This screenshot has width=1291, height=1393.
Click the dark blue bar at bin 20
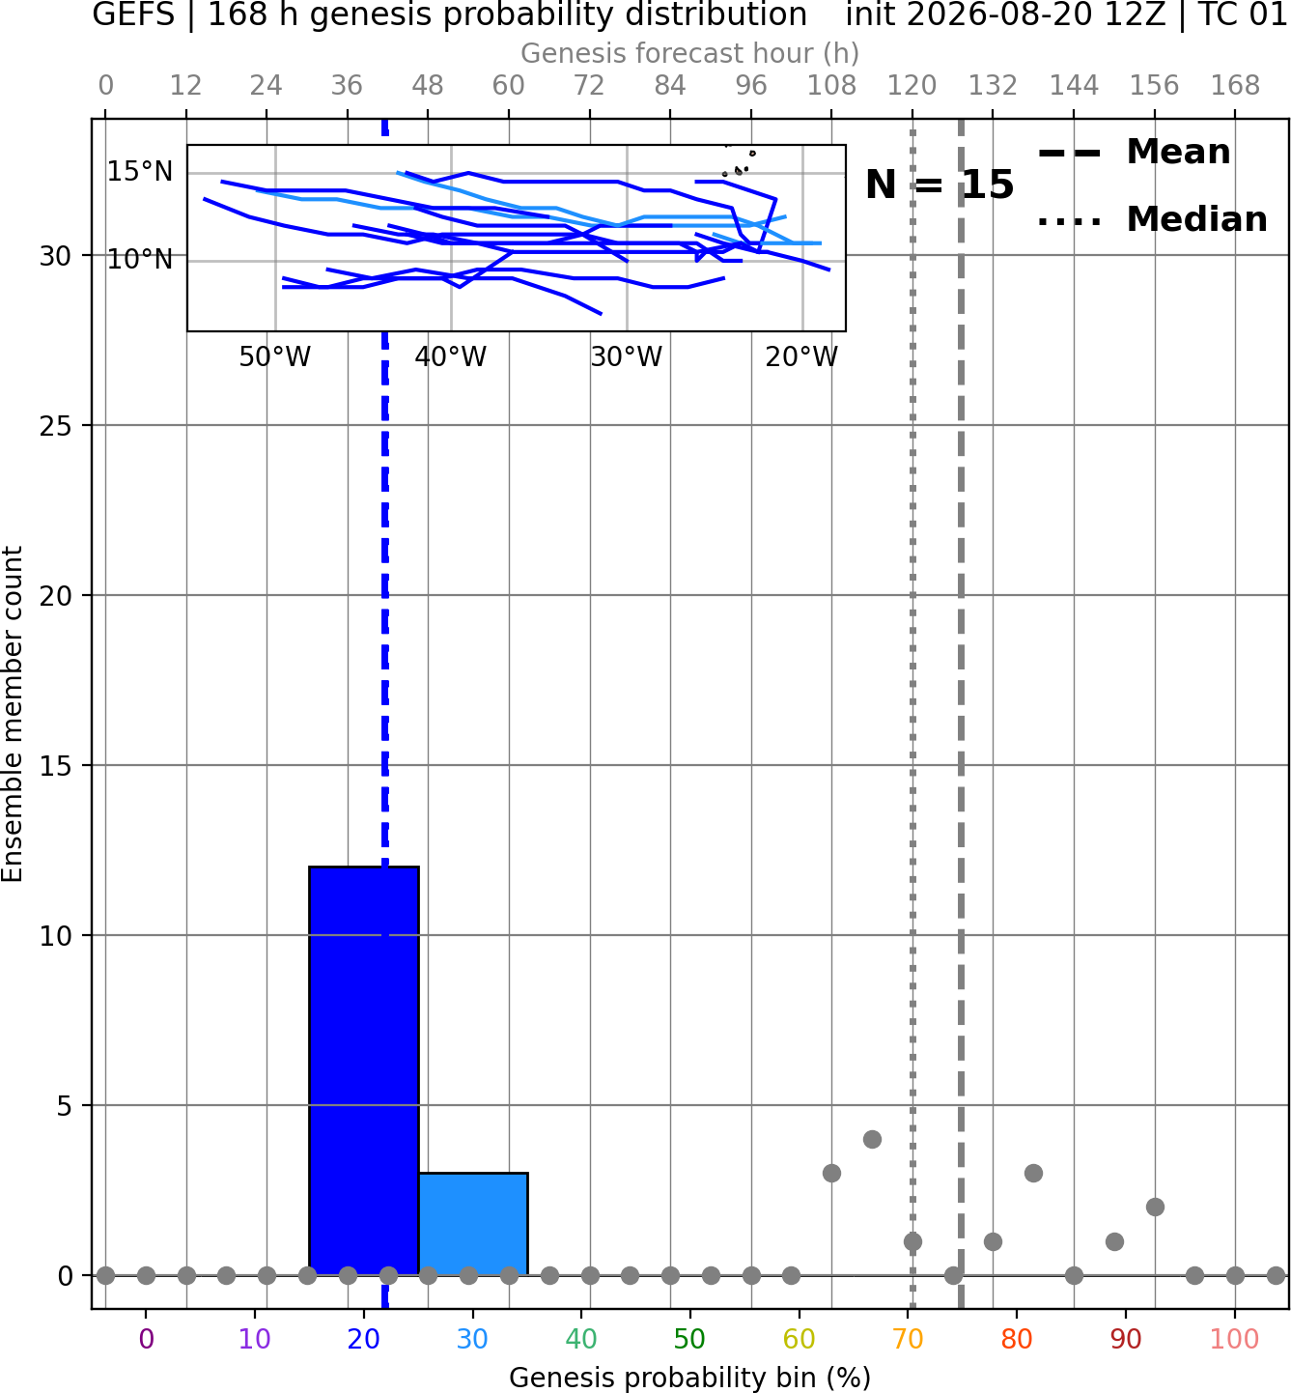click(x=364, y=1070)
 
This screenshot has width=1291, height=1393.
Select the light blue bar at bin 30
click(x=472, y=1223)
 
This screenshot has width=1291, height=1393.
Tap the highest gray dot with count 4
click(x=872, y=1140)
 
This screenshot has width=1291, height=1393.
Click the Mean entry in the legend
click(x=1134, y=153)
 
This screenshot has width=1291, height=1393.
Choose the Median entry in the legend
click(x=1152, y=219)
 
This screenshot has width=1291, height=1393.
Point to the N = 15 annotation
click(x=940, y=185)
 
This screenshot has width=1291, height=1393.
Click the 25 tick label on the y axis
click(x=56, y=426)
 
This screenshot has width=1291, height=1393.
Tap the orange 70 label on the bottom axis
click(x=908, y=1340)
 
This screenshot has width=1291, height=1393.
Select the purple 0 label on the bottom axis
click(x=146, y=1340)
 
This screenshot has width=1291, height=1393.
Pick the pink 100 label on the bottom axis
click(x=1235, y=1340)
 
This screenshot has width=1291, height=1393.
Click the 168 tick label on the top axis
click(x=1235, y=86)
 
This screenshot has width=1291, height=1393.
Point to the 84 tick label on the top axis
click(x=670, y=86)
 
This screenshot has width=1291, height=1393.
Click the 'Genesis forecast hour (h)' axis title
click(x=690, y=53)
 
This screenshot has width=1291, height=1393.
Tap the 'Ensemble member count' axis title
click(x=13, y=714)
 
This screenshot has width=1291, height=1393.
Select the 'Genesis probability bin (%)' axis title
click(x=690, y=1378)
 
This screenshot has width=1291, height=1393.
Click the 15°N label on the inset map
click(x=140, y=172)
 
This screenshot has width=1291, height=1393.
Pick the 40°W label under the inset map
click(x=450, y=357)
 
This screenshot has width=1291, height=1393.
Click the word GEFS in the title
click(x=133, y=14)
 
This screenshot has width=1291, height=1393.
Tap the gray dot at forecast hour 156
click(x=1155, y=1208)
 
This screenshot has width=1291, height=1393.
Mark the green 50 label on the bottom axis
click(x=690, y=1340)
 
